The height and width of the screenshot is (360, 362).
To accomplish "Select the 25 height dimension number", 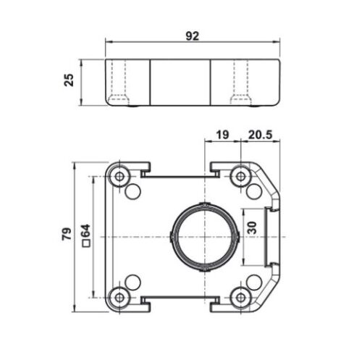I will click(x=70, y=80).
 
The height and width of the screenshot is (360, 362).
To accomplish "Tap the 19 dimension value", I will click(x=223, y=134).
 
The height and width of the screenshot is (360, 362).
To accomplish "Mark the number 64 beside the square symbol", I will click(x=85, y=230).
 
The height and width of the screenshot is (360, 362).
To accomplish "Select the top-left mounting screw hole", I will click(x=119, y=176).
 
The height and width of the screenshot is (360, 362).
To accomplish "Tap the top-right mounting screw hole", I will click(x=240, y=176).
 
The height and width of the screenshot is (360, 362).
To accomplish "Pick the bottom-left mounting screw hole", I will click(x=119, y=296).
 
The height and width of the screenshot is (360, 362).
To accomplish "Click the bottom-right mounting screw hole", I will click(x=240, y=296).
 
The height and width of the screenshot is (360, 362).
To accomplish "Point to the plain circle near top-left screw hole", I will click(x=132, y=191).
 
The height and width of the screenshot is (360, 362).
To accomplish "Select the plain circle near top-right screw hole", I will click(x=254, y=191).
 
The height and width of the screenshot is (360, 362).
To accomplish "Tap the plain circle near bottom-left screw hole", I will click(x=132, y=281).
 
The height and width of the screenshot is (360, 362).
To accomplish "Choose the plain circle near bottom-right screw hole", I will click(x=254, y=281).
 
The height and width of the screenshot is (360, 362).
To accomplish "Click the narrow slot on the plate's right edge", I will click(x=272, y=236).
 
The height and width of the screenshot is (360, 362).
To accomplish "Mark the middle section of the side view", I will click(x=180, y=81).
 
